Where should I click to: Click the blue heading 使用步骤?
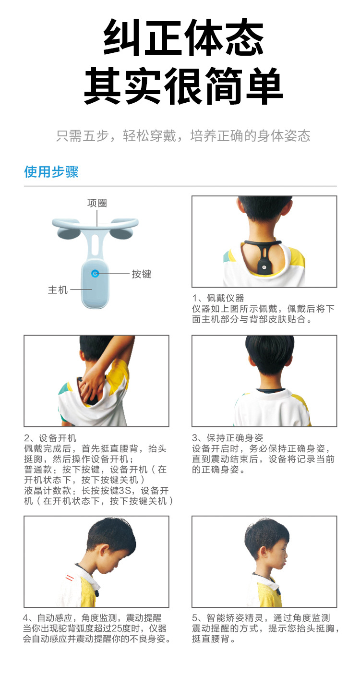51,172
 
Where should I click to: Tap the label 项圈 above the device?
97,203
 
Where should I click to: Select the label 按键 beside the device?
142,274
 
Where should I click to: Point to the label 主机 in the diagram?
58,290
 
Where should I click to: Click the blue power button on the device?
95,274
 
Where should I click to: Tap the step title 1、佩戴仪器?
218,298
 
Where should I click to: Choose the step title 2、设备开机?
50,438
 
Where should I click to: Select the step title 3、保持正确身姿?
228,438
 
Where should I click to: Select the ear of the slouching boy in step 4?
104,551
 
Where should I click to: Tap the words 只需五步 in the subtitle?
82,136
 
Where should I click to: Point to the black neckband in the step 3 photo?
270,390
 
